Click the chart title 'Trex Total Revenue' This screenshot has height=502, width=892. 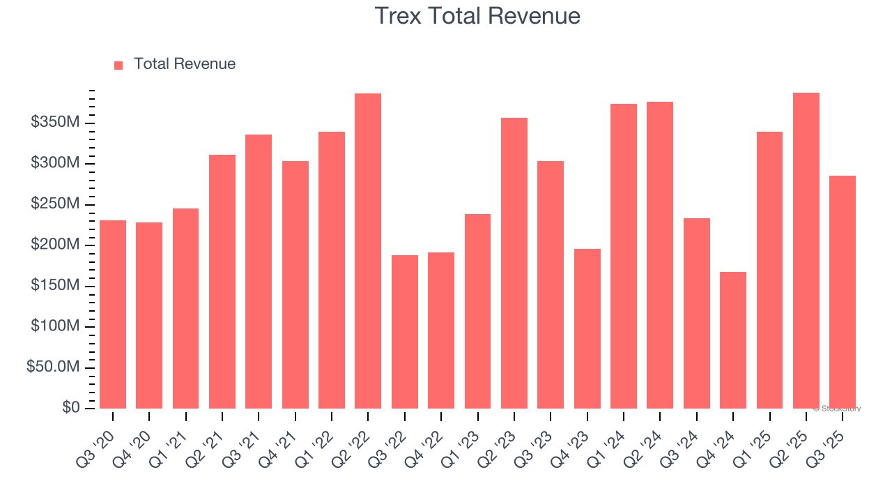[477, 16]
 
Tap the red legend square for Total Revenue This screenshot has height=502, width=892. [118, 65]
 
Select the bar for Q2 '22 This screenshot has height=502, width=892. [368, 251]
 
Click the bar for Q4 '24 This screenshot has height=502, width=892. [733, 340]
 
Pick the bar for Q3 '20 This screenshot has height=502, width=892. [113, 314]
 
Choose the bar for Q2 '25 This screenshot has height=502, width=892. [806, 251]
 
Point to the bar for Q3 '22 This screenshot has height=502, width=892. [405, 332]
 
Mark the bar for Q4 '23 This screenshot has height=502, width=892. [587, 328]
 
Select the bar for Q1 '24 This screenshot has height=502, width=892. [624, 256]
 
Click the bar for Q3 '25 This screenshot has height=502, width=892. [843, 292]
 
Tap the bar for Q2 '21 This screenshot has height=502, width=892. [222, 282]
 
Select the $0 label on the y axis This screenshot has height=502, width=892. [70, 407]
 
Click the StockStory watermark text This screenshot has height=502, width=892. [837, 409]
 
